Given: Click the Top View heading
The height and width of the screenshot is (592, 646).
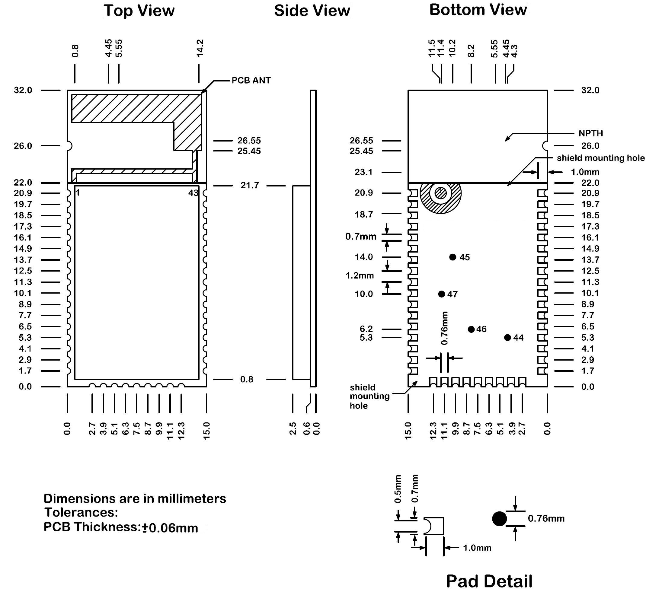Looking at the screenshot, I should coord(139,11).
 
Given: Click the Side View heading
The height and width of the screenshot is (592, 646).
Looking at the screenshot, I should coord(312,11).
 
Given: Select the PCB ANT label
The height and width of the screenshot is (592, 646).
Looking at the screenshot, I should coord(251,80).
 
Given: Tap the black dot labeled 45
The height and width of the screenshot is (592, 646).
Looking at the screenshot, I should coord(453,257).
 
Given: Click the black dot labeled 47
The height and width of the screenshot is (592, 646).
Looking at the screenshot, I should coord(441,294).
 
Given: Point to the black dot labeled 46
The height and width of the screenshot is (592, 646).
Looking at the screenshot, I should coord(471,329).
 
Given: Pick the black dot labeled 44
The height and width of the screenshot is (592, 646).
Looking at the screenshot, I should coord(507,337).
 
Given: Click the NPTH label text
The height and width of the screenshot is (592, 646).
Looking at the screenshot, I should coord(590,133).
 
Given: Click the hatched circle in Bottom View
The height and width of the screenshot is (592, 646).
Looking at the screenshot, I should coord(441,193).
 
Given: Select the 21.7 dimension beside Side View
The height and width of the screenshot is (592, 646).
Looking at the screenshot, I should coord(249,186).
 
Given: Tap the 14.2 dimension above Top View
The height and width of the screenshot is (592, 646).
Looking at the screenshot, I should coord(200,48).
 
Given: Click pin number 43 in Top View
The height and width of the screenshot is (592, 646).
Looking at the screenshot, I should coord(193,193).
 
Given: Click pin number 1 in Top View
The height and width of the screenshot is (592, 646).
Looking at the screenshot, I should coord(78,193).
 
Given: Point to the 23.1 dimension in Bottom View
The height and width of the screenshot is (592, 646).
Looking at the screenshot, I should coord(363,172).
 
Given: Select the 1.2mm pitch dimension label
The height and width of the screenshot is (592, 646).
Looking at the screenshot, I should coord(360,275).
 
